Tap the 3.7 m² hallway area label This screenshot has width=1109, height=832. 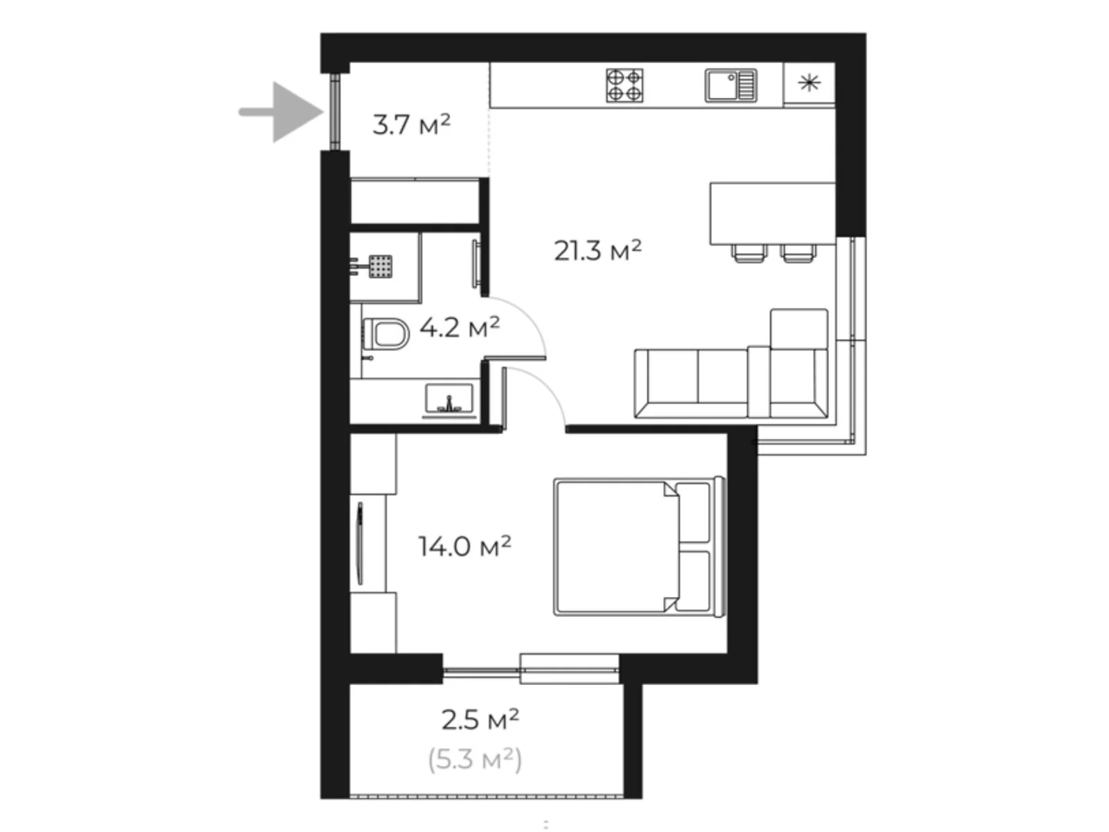click(x=411, y=125)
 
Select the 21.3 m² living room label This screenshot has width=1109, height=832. click(x=597, y=250)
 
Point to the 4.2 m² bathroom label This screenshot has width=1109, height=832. click(x=459, y=327)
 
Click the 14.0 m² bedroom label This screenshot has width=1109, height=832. click(x=464, y=546)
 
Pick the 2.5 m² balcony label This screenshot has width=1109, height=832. click(x=480, y=720)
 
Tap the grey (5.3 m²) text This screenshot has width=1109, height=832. click(x=475, y=760)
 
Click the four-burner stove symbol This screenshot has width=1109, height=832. click(x=625, y=85)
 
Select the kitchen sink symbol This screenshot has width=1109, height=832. click(x=730, y=85)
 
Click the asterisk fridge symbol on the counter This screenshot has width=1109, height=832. click(x=809, y=84)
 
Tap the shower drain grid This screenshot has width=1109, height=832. click(x=381, y=266)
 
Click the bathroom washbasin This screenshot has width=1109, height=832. click(x=448, y=401)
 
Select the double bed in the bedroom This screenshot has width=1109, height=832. click(x=638, y=546)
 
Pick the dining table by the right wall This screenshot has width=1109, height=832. click(x=772, y=213)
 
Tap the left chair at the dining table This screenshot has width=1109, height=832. click(x=750, y=254)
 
